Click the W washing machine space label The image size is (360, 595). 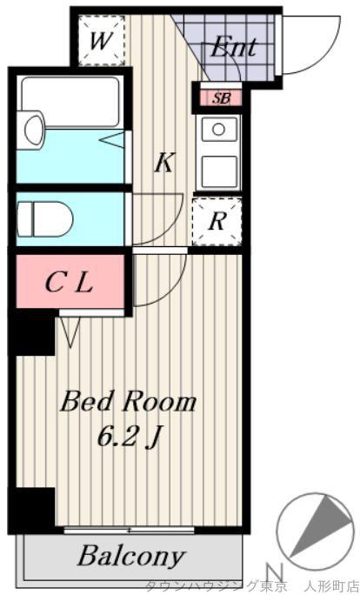pos(101,41)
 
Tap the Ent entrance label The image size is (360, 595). pos(234,47)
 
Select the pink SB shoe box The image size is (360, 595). pos(221,98)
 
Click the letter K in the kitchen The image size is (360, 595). pos(164,163)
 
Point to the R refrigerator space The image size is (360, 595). pos(217,222)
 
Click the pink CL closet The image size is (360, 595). pos(70,281)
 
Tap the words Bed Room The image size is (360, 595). pos(128,402)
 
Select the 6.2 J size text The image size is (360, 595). pos(128,436)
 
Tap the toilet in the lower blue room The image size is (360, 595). pos(44,219)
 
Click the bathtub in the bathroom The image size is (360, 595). pos(71,101)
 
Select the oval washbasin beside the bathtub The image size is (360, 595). pos(34,129)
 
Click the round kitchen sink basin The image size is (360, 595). pos(218,130)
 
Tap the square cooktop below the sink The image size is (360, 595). pos(220,171)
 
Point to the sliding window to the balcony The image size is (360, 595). pos(129,530)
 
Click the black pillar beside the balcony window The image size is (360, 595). pos(32,509)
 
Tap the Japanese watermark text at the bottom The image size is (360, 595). pos(252,587)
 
